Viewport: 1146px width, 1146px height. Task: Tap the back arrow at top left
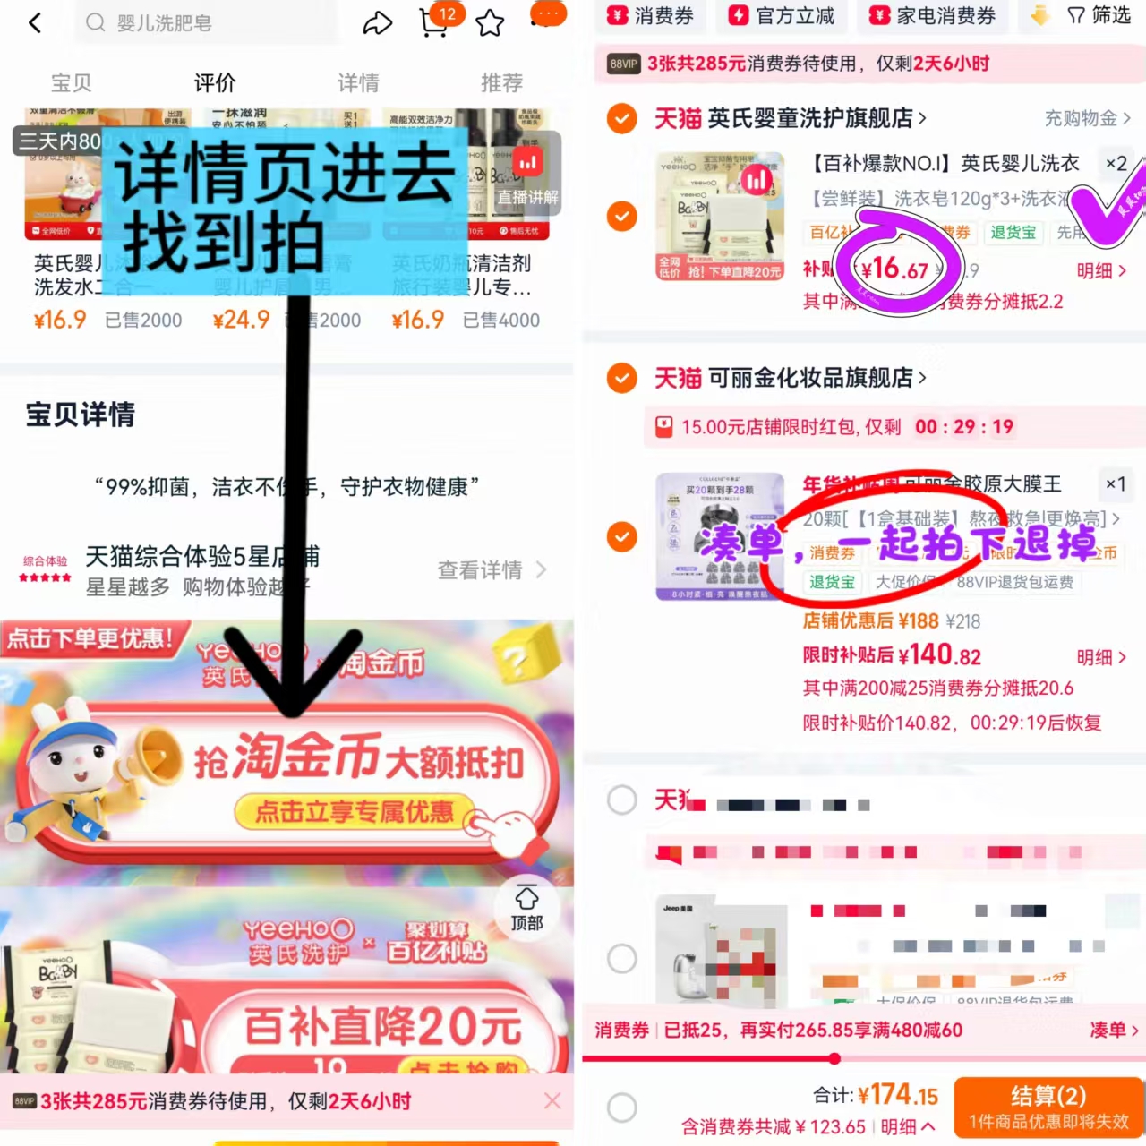tap(35, 22)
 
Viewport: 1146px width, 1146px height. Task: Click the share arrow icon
tap(377, 22)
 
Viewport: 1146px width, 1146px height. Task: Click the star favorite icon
tap(490, 22)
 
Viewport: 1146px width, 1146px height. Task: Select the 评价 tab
tap(215, 83)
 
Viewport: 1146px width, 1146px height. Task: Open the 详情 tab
tap(358, 83)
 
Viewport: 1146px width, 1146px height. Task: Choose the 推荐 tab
tap(501, 83)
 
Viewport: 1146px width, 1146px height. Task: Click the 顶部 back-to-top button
tap(526, 908)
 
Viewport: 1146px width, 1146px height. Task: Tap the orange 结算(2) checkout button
tap(1048, 1107)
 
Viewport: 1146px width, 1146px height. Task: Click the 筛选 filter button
tap(1099, 15)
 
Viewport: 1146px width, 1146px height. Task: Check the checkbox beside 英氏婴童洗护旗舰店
tap(621, 118)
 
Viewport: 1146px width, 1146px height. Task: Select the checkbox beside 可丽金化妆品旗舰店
tap(621, 378)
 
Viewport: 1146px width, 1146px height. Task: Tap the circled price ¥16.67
tap(894, 268)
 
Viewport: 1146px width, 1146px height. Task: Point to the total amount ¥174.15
tap(898, 1094)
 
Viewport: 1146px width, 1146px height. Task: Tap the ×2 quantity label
tap(1116, 163)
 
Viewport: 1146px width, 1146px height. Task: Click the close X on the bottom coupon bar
tap(552, 1100)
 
